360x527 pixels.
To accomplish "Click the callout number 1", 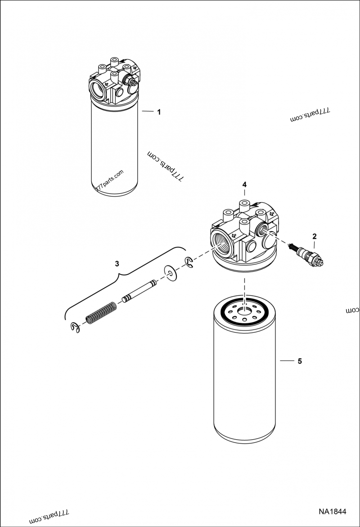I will [x=158, y=112].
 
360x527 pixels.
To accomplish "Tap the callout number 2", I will [x=315, y=236].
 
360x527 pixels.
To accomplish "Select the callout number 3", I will [x=117, y=263].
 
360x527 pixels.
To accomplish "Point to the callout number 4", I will [x=244, y=185].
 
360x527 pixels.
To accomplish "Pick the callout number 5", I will [x=300, y=361].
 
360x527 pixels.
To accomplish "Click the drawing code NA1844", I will [x=333, y=511].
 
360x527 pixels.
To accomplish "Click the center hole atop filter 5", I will [x=244, y=310].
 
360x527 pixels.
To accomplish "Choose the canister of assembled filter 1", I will [x=115, y=148].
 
